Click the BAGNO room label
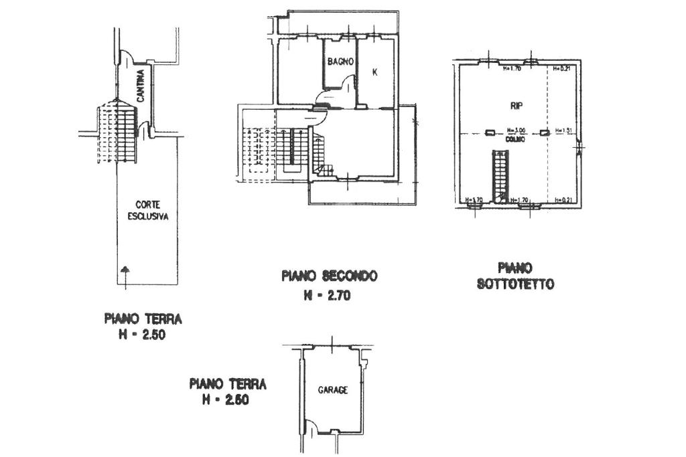tap(340, 62)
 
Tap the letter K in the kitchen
tap(374, 72)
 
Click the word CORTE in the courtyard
tap(147, 205)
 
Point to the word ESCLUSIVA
tap(147, 216)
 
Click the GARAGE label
tap(333, 390)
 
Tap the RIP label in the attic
tap(516, 106)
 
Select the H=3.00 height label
tap(516, 130)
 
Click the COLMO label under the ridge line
tap(516, 138)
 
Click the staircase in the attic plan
tap(500, 175)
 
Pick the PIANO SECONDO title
tap(329, 276)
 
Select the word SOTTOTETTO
tap(516, 284)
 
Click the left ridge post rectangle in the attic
tap(489, 131)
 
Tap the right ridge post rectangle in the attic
tap(545, 131)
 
